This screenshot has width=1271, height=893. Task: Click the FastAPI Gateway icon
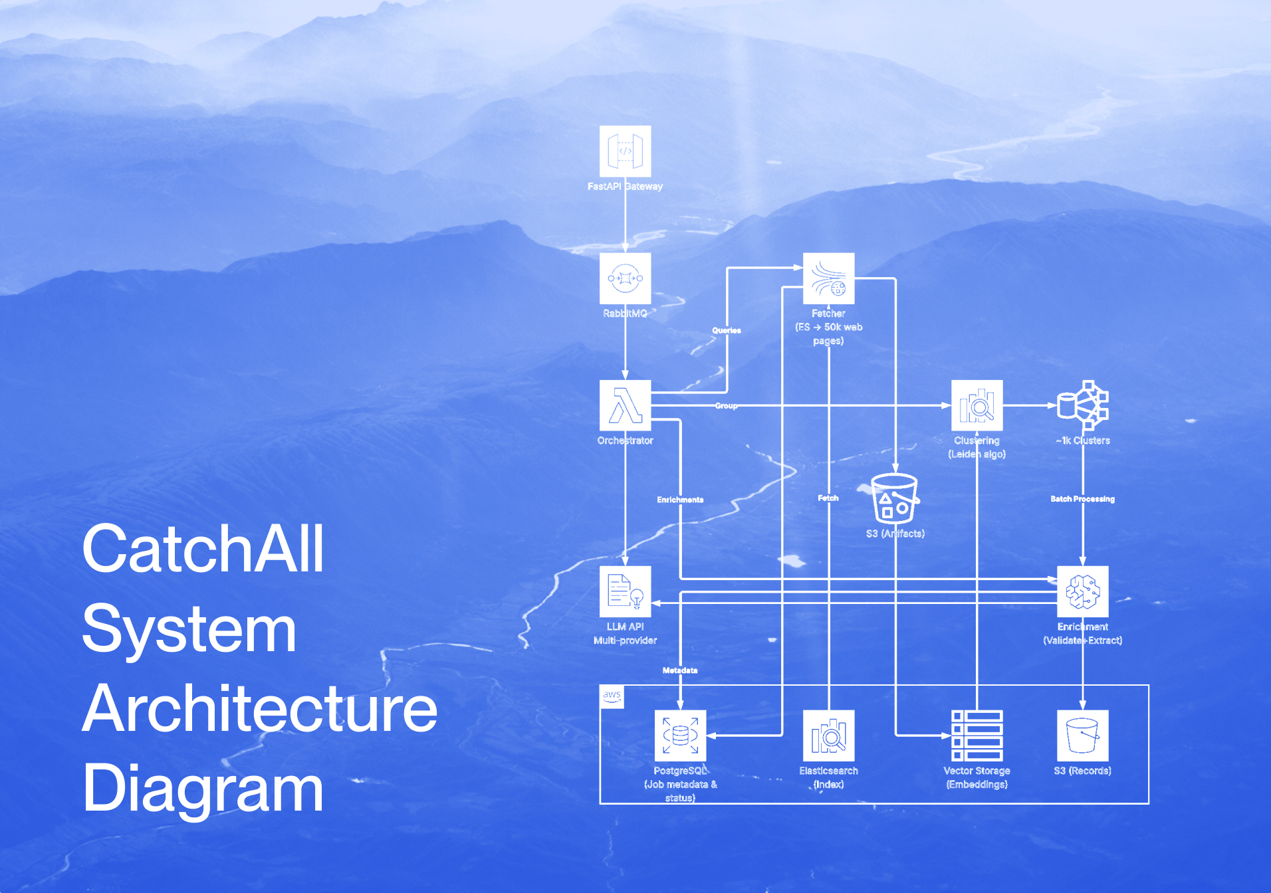pyautogui.click(x=625, y=151)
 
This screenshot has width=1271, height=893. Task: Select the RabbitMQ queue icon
pyautogui.click(x=625, y=278)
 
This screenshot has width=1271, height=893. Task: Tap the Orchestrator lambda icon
pyautogui.click(x=625, y=405)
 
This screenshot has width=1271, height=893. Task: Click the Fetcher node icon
pyautogui.click(x=828, y=278)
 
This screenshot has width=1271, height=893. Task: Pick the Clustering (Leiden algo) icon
pyautogui.click(x=977, y=405)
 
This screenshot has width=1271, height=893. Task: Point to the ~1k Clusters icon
pyautogui.click(x=1083, y=405)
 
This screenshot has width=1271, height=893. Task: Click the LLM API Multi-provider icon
pyautogui.click(x=625, y=591)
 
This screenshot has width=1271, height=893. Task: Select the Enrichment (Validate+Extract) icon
pyautogui.click(x=1083, y=591)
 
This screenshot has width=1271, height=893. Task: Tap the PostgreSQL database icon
pyautogui.click(x=680, y=736)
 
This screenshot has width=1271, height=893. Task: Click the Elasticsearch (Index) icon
pyautogui.click(x=828, y=736)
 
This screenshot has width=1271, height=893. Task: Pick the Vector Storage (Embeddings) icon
pyautogui.click(x=977, y=736)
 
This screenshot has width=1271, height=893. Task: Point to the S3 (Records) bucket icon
pyautogui.click(x=1083, y=736)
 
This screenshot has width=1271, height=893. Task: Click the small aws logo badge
pyautogui.click(x=612, y=696)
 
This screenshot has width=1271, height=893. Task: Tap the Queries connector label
pyautogui.click(x=727, y=330)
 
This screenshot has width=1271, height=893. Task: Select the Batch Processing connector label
pyautogui.click(x=1082, y=499)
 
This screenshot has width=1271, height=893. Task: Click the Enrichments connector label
pyautogui.click(x=680, y=500)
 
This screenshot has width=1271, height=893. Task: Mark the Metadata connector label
pyautogui.click(x=680, y=670)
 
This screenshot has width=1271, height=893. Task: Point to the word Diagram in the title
pyautogui.click(x=203, y=789)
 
